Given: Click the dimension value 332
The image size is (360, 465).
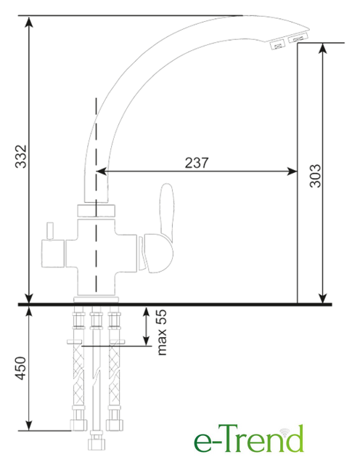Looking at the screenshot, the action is [x=21, y=156].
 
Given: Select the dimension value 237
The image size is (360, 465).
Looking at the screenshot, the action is [x=197, y=163].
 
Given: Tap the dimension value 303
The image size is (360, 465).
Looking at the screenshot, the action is [x=315, y=176].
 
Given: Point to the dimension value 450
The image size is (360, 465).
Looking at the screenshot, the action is [x=21, y=368].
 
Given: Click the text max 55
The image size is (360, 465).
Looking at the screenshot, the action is [x=162, y=333].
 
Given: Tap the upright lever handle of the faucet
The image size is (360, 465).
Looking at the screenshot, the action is [x=166, y=209].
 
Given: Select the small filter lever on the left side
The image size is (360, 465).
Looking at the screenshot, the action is [x=49, y=231].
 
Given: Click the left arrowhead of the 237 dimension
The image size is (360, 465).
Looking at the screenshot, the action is [x=101, y=171].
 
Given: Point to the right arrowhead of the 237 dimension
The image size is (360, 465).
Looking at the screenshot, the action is [x=292, y=171].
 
